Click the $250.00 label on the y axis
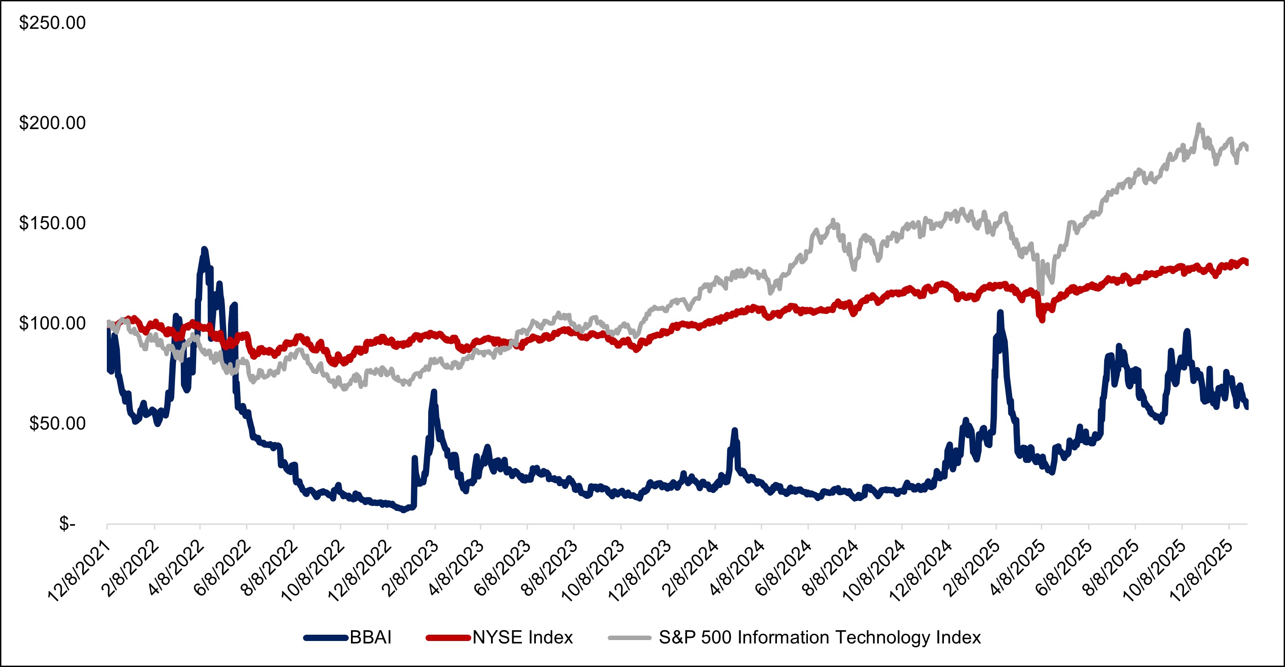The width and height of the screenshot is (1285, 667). click(x=53, y=23)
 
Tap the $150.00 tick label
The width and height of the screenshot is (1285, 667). click(x=53, y=223)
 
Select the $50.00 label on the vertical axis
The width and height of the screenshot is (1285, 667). click(x=57, y=424)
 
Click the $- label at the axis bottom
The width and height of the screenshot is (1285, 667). click(x=67, y=524)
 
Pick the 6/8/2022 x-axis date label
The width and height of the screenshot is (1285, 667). click(x=223, y=568)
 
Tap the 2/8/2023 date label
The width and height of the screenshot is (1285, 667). click(x=410, y=568)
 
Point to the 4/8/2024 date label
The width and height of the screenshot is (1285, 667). click(x=737, y=568)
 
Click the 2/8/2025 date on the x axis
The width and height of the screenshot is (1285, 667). click(x=972, y=568)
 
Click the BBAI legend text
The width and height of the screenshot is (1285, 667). click(x=371, y=637)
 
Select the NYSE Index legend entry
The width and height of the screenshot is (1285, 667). click(x=523, y=637)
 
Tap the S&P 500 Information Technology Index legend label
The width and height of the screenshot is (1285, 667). click(x=820, y=637)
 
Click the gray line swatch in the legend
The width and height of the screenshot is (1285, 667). click(x=630, y=637)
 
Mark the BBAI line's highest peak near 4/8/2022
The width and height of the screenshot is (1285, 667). click(x=204, y=249)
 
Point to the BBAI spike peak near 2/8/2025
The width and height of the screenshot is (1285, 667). click(x=1000, y=313)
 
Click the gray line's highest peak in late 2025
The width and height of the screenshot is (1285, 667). click(x=1198, y=125)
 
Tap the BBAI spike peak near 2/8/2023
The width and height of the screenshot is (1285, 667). click(x=434, y=392)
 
